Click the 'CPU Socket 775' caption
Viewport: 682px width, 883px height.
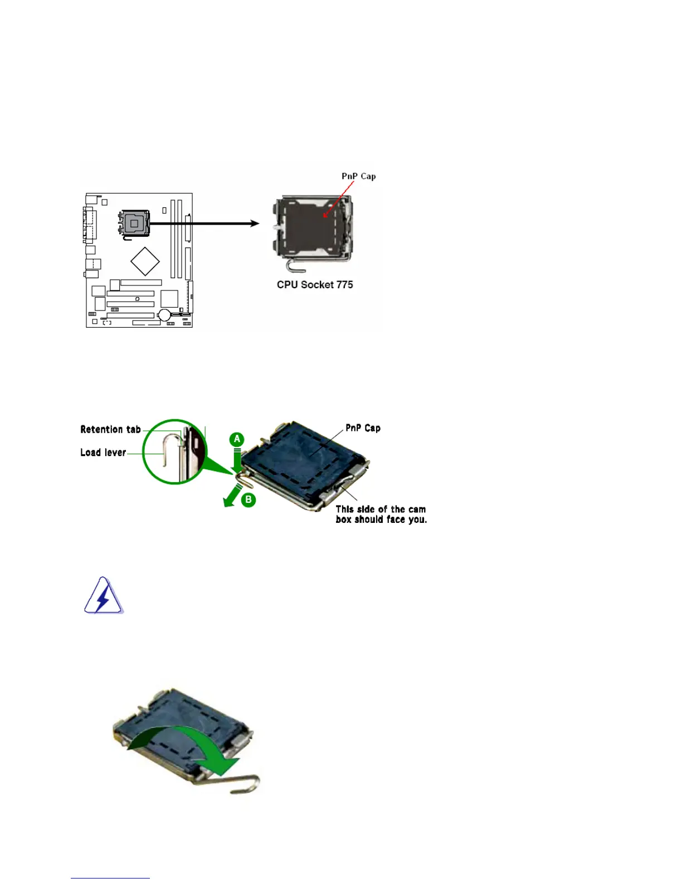pos(315,285)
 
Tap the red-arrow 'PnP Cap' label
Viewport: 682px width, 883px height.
pos(358,176)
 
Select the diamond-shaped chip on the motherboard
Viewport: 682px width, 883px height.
pos(145,261)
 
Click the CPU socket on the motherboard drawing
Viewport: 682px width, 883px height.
pos(134,224)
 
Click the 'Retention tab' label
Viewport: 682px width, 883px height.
pos(110,429)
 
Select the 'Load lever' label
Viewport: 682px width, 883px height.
pos(103,453)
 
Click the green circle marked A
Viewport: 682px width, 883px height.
pos(237,439)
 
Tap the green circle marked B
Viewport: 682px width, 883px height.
pos(249,499)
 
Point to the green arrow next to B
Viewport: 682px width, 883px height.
pos(232,496)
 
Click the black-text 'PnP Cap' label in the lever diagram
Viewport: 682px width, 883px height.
pos(363,428)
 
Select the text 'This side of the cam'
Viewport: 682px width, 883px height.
pos(381,510)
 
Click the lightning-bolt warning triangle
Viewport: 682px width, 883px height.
pos(103,596)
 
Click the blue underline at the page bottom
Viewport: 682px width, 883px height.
pos(110,878)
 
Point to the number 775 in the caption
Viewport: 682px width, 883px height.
pos(344,285)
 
